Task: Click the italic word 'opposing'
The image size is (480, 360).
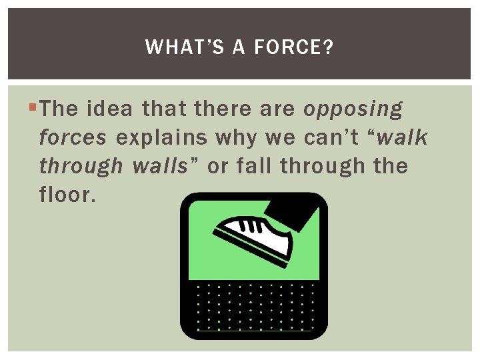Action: coord(353,109)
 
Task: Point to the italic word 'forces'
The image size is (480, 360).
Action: coord(73,137)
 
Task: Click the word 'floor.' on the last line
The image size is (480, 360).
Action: coord(67,195)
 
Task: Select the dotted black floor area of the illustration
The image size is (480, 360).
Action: coord(253,307)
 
